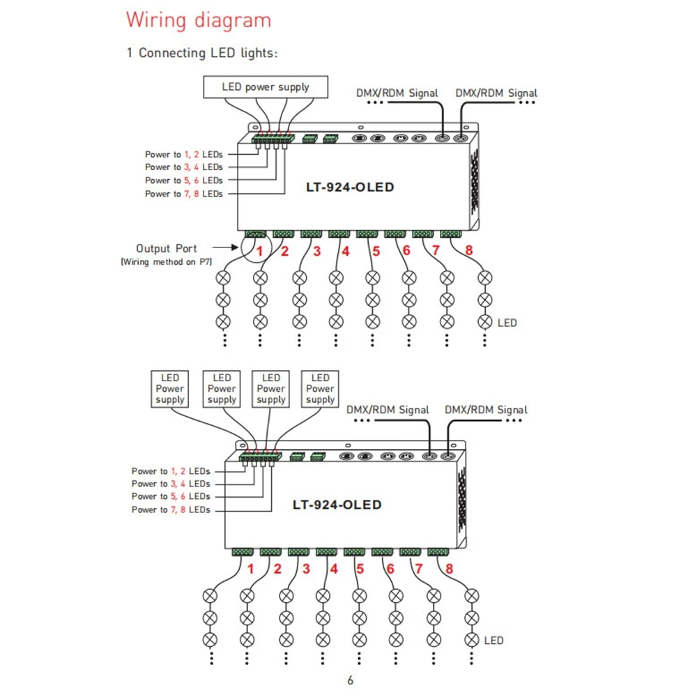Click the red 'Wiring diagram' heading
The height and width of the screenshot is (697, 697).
coord(198,20)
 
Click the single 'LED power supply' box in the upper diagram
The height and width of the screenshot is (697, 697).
coord(266,86)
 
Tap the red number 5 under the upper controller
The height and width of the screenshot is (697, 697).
coord(376,251)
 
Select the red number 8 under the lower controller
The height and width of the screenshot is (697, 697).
coord(449,569)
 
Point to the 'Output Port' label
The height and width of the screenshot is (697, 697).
coord(167,249)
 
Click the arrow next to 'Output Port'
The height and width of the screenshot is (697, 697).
coord(225,247)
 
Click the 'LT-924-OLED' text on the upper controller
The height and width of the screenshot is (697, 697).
coord(350,187)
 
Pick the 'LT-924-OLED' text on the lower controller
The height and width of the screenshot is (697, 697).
coord(337,505)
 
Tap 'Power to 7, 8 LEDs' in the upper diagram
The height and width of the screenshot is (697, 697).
coord(183,194)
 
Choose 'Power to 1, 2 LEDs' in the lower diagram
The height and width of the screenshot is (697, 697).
coord(171,471)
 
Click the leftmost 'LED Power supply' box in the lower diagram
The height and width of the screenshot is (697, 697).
coord(170,389)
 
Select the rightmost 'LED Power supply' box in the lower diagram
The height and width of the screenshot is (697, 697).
coord(320,389)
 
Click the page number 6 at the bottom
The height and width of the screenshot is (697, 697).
coord(351,680)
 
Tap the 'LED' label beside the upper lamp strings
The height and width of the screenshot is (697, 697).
coord(507,323)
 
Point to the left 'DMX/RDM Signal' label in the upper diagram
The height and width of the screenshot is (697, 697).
coord(397,93)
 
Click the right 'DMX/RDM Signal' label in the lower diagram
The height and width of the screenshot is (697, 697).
coord(486,410)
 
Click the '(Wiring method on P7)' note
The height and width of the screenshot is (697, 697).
coord(167,262)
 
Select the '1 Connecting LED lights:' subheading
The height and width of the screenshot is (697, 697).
coord(202,53)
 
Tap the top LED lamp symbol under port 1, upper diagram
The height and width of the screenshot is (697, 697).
coord(223,278)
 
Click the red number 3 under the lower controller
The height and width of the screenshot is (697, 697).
coord(306,569)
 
